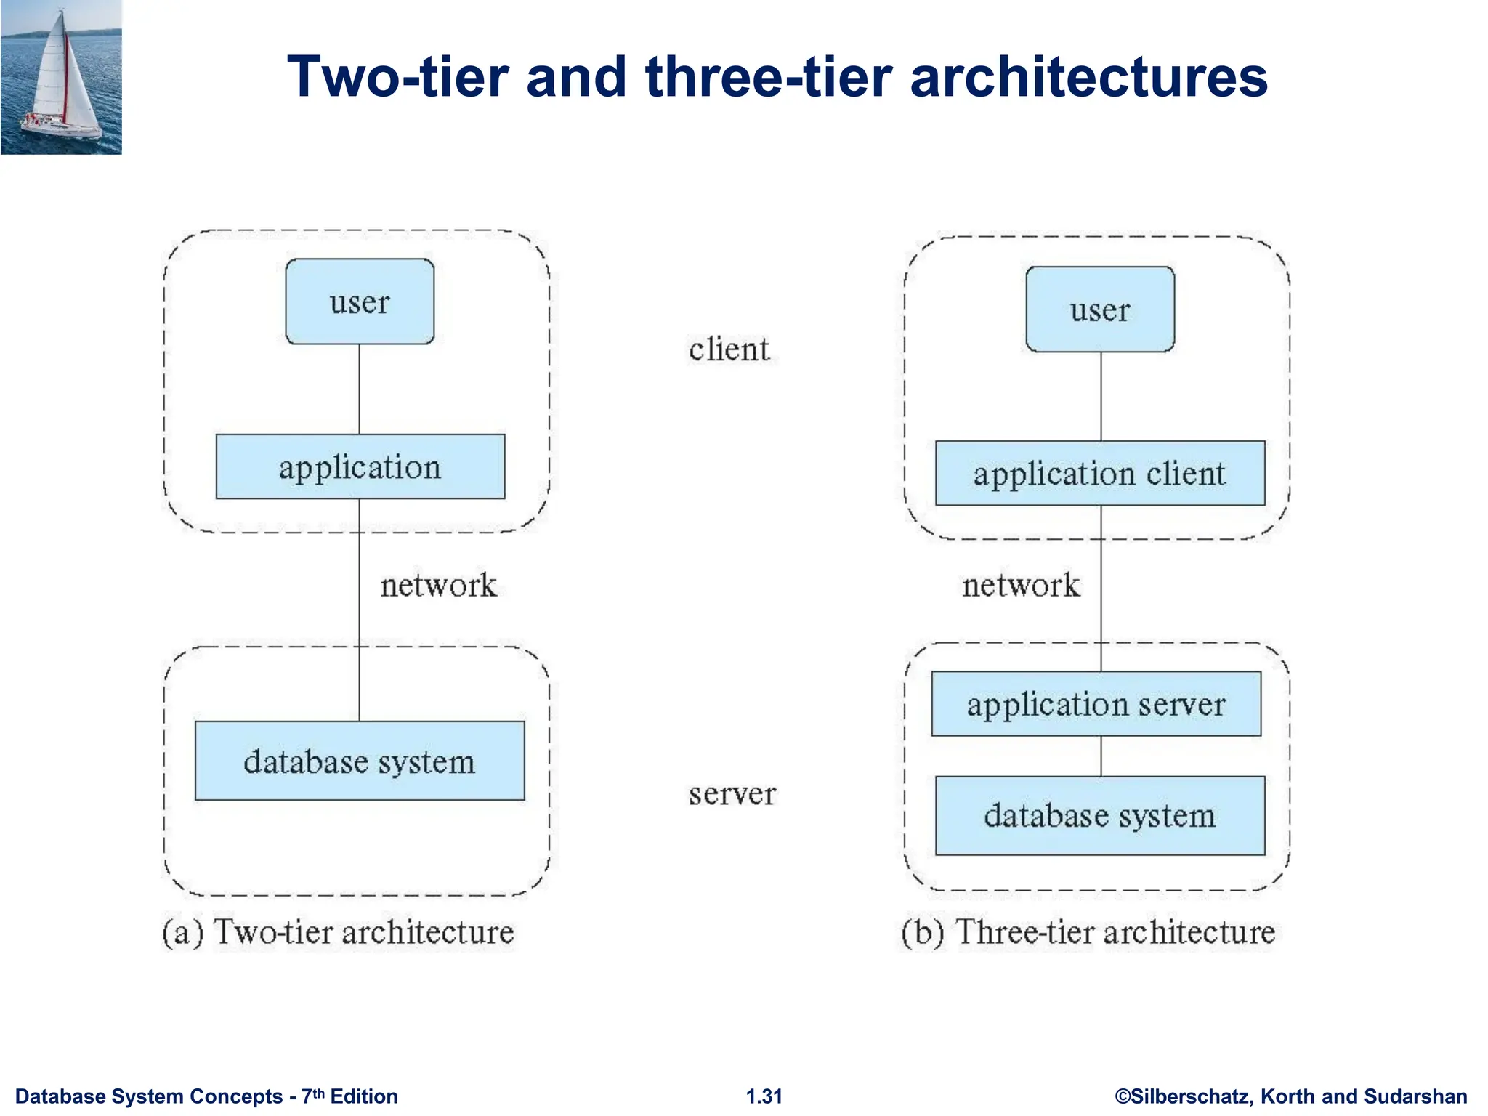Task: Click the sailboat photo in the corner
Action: tap(61, 77)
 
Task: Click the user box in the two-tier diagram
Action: tap(360, 302)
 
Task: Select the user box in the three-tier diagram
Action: tap(1100, 310)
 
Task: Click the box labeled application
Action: tap(360, 466)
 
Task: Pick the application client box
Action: tap(1099, 473)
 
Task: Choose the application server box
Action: tap(1096, 703)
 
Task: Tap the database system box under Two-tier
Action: tap(360, 761)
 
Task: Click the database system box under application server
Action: tap(1099, 815)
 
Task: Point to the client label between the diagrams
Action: tap(729, 349)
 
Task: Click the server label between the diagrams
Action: tap(732, 793)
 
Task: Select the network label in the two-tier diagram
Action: tap(438, 585)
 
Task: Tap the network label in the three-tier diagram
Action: tap(1021, 585)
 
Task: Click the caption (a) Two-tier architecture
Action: tap(339, 932)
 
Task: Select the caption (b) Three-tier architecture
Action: tap(1088, 932)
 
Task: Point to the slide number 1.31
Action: tap(764, 1096)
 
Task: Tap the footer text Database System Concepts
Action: tap(149, 1096)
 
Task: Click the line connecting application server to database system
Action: tap(1101, 756)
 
